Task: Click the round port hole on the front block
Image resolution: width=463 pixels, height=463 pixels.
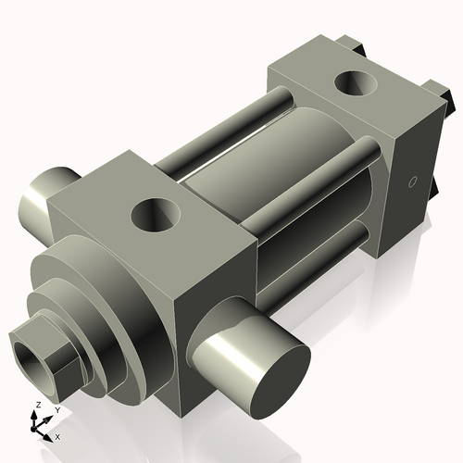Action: click(153, 217)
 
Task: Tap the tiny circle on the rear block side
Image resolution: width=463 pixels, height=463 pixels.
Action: click(414, 182)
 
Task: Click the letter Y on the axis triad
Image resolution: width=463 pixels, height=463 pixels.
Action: click(56, 408)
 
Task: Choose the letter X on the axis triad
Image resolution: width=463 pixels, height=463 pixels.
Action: click(57, 435)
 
